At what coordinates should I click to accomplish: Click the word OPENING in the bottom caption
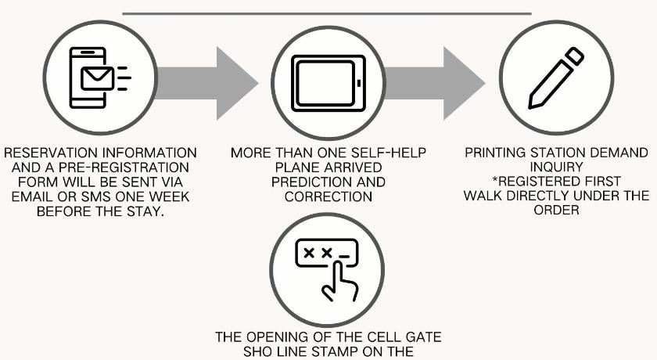274,338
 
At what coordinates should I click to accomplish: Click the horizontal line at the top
327,13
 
